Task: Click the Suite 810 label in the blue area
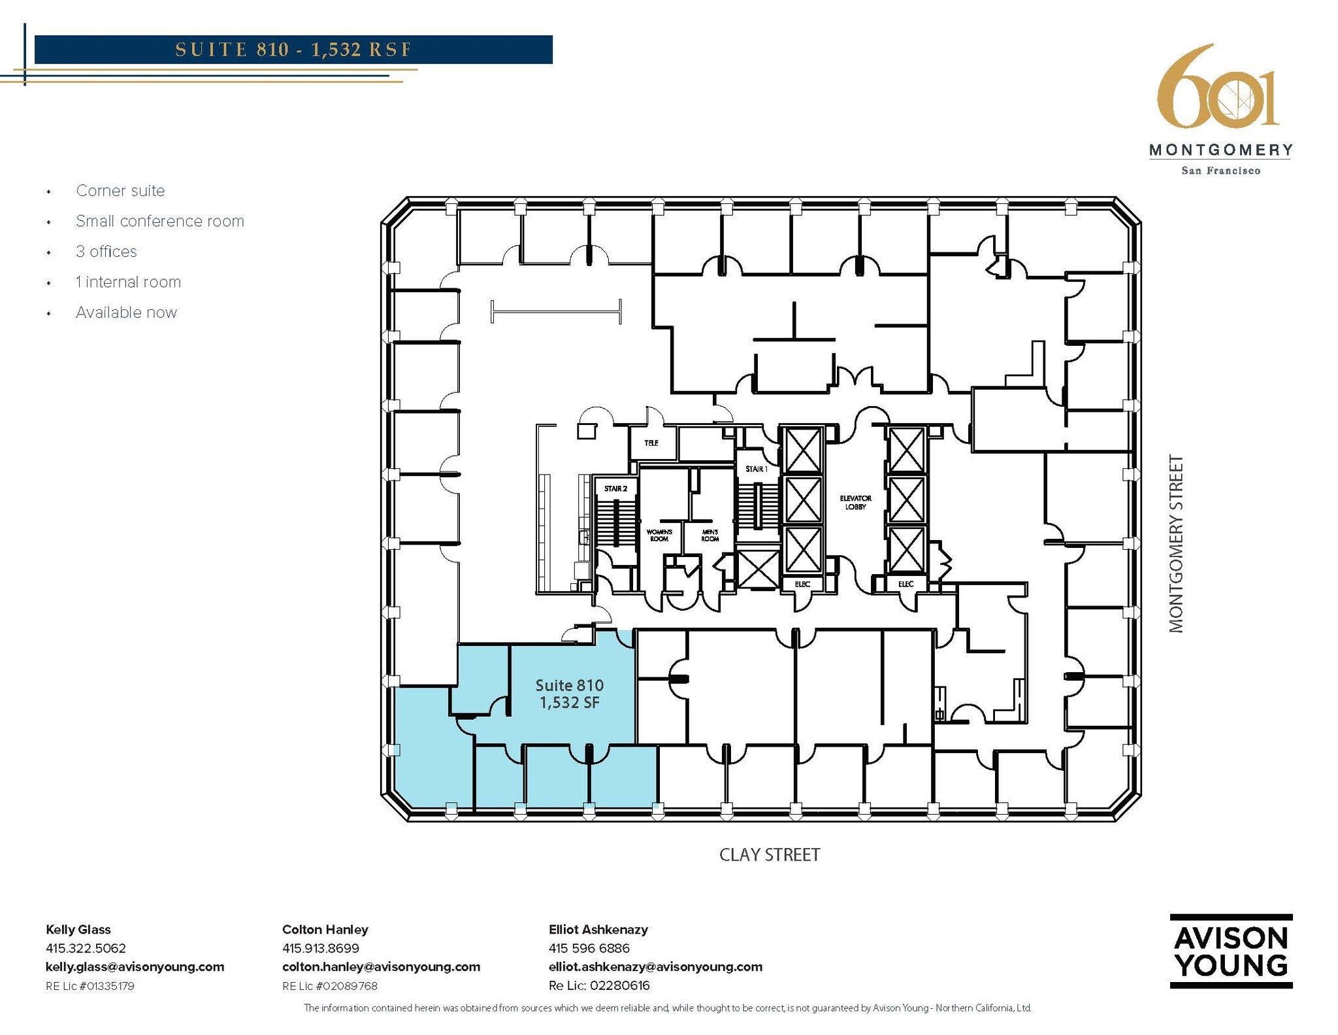point(570,685)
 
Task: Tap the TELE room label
point(651,443)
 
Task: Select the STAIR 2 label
point(615,488)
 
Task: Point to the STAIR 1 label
point(757,469)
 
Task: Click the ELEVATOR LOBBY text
point(855,502)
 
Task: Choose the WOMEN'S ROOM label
point(659,535)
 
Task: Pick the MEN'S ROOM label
point(710,535)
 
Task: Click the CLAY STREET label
point(770,855)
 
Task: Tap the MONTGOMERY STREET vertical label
point(1176,544)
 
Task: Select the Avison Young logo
point(1231,951)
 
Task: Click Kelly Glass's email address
point(135,967)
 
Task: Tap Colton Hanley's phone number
point(321,948)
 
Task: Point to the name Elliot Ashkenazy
point(598,930)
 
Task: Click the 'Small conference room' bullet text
point(160,221)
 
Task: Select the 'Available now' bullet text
point(127,313)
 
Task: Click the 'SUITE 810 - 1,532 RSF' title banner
point(293,50)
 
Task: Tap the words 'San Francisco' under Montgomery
point(1220,171)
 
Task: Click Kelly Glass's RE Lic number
point(90,986)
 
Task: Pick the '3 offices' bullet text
point(106,252)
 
